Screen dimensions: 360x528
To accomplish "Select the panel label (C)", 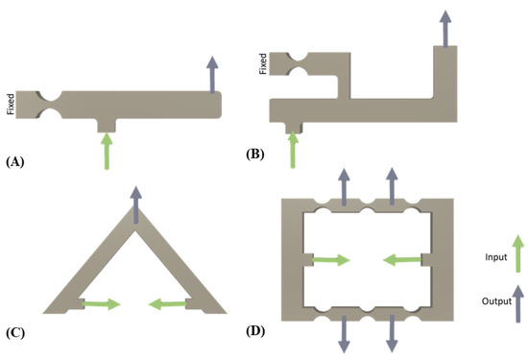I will pyautogui.click(x=15, y=333).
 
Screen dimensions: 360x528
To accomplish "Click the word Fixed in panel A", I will pyautogui.click(x=11, y=102).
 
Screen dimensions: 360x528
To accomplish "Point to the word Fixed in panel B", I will pyautogui.click(x=263, y=64).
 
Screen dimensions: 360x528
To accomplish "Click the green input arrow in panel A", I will pyautogui.click(x=106, y=152).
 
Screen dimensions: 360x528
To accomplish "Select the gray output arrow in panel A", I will pyautogui.click(x=212, y=72).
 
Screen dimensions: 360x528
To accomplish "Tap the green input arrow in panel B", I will pyautogui.click(x=293, y=149).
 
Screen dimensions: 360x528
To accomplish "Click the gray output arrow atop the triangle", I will pyautogui.click(x=135, y=204).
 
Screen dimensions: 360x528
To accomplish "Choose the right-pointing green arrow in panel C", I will pyautogui.click(x=101, y=304).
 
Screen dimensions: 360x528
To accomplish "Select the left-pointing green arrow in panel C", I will pyautogui.click(x=168, y=304).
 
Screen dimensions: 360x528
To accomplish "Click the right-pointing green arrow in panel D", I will pyautogui.click(x=331, y=258).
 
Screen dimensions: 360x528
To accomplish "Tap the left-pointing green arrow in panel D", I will pyautogui.click(x=402, y=258).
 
